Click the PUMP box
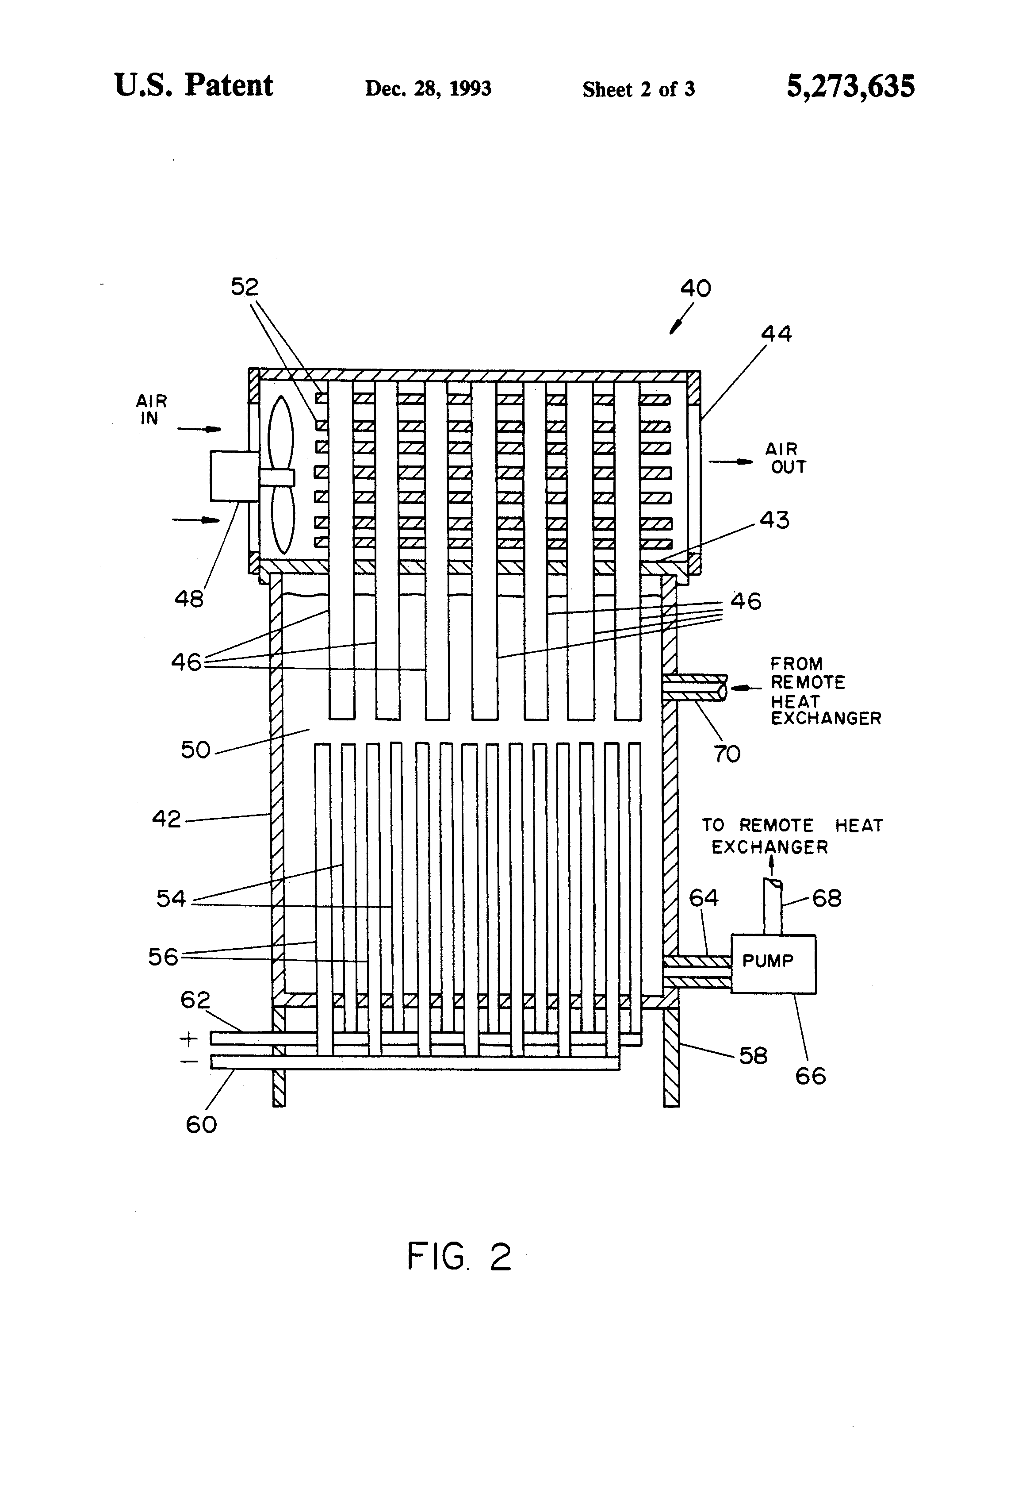[x=773, y=963]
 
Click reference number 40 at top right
[x=695, y=288]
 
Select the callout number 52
[x=245, y=287]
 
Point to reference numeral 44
[x=776, y=334]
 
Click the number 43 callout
[x=774, y=520]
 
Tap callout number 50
[x=195, y=750]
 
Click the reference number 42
[x=166, y=819]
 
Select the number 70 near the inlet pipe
[x=726, y=754]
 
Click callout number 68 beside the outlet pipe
[x=827, y=899]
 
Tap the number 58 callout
[x=753, y=1056]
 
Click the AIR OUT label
[x=785, y=458]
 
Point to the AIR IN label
[x=151, y=409]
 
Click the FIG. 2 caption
[x=459, y=1257]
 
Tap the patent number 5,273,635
[x=850, y=86]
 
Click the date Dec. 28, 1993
[x=428, y=88]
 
